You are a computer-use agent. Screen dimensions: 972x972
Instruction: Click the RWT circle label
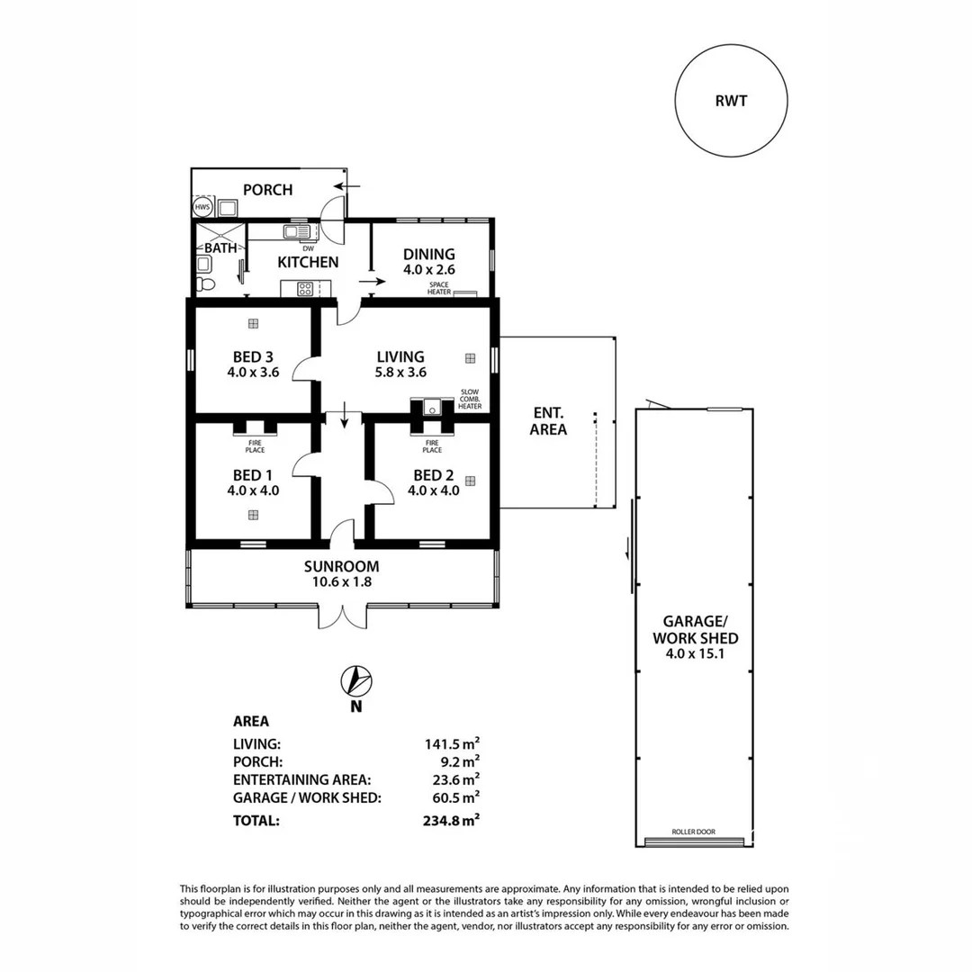731,101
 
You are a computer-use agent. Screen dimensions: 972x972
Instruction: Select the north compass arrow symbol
356,682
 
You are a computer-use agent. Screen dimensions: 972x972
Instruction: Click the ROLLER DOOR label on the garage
693,832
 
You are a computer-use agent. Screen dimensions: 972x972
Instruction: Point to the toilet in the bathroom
206,283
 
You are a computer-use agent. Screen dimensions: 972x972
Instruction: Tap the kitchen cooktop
305,289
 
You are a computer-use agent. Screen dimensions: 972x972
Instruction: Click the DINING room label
429,255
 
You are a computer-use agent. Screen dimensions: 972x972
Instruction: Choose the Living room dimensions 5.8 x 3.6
400,372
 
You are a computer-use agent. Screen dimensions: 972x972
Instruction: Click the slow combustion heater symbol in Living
433,407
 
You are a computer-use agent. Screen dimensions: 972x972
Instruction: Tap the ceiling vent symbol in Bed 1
253,515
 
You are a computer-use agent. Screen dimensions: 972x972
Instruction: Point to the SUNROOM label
341,567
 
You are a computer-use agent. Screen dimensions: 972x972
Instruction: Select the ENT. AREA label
548,420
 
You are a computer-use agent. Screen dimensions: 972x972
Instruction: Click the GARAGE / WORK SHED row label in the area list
306,796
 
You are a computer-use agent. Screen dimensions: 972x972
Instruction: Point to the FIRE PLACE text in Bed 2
433,445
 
